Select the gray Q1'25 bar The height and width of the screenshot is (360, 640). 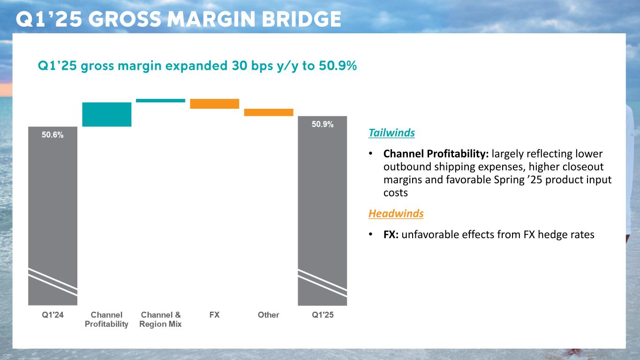tap(323, 211)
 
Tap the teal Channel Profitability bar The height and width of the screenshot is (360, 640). tap(106, 114)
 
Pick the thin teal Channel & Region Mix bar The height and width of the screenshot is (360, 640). tap(160, 100)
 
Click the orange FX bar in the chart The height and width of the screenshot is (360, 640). tap(214, 104)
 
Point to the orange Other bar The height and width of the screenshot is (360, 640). tap(269, 112)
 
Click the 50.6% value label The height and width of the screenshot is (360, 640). tap(53, 135)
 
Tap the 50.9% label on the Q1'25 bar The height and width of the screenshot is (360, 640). tap(323, 124)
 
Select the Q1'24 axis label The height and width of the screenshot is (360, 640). tap(53, 315)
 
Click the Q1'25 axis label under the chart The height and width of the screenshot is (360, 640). tap(323, 315)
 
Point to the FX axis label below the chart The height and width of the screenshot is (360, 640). tap(214, 315)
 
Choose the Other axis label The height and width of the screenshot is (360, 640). tap(269, 315)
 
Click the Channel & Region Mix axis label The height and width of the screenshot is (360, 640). tap(160, 319)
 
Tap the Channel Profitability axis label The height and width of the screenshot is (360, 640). tap(106, 319)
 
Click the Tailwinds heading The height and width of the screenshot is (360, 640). tap(392, 133)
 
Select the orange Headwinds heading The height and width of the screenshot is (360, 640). tap(396, 214)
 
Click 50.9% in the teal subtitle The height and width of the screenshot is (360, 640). tap(338, 67)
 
